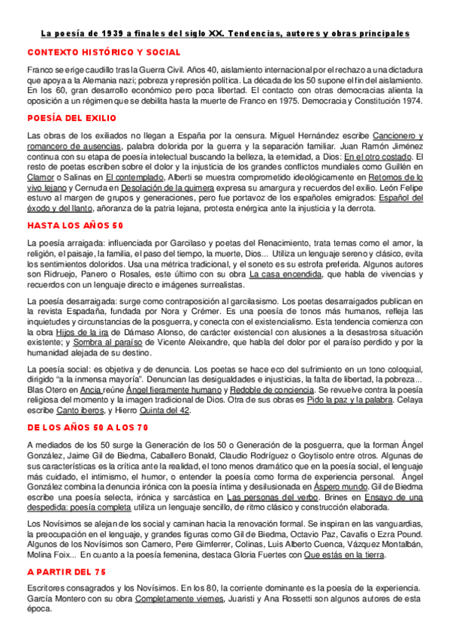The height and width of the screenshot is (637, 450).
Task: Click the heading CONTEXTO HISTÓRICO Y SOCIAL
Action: pos(104,52)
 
